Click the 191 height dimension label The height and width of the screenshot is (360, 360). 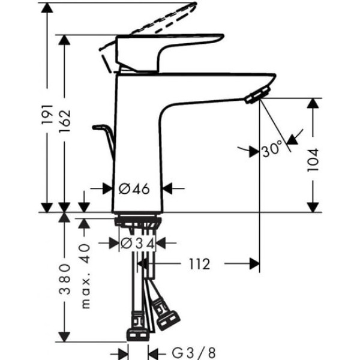pos(47,115)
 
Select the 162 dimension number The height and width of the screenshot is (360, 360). pos(65,121)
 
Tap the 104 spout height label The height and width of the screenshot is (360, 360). pos(313,160)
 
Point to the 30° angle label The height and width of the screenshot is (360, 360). pos(272,149)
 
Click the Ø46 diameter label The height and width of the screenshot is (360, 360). pos(134,189)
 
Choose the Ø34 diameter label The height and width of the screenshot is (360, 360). pos(137,244)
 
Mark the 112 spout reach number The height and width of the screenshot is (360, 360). pos(200,264)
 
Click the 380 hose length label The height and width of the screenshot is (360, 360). pos(65,279)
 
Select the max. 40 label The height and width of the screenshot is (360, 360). pos(85,276)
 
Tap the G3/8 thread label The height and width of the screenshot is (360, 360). pos(194,353)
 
